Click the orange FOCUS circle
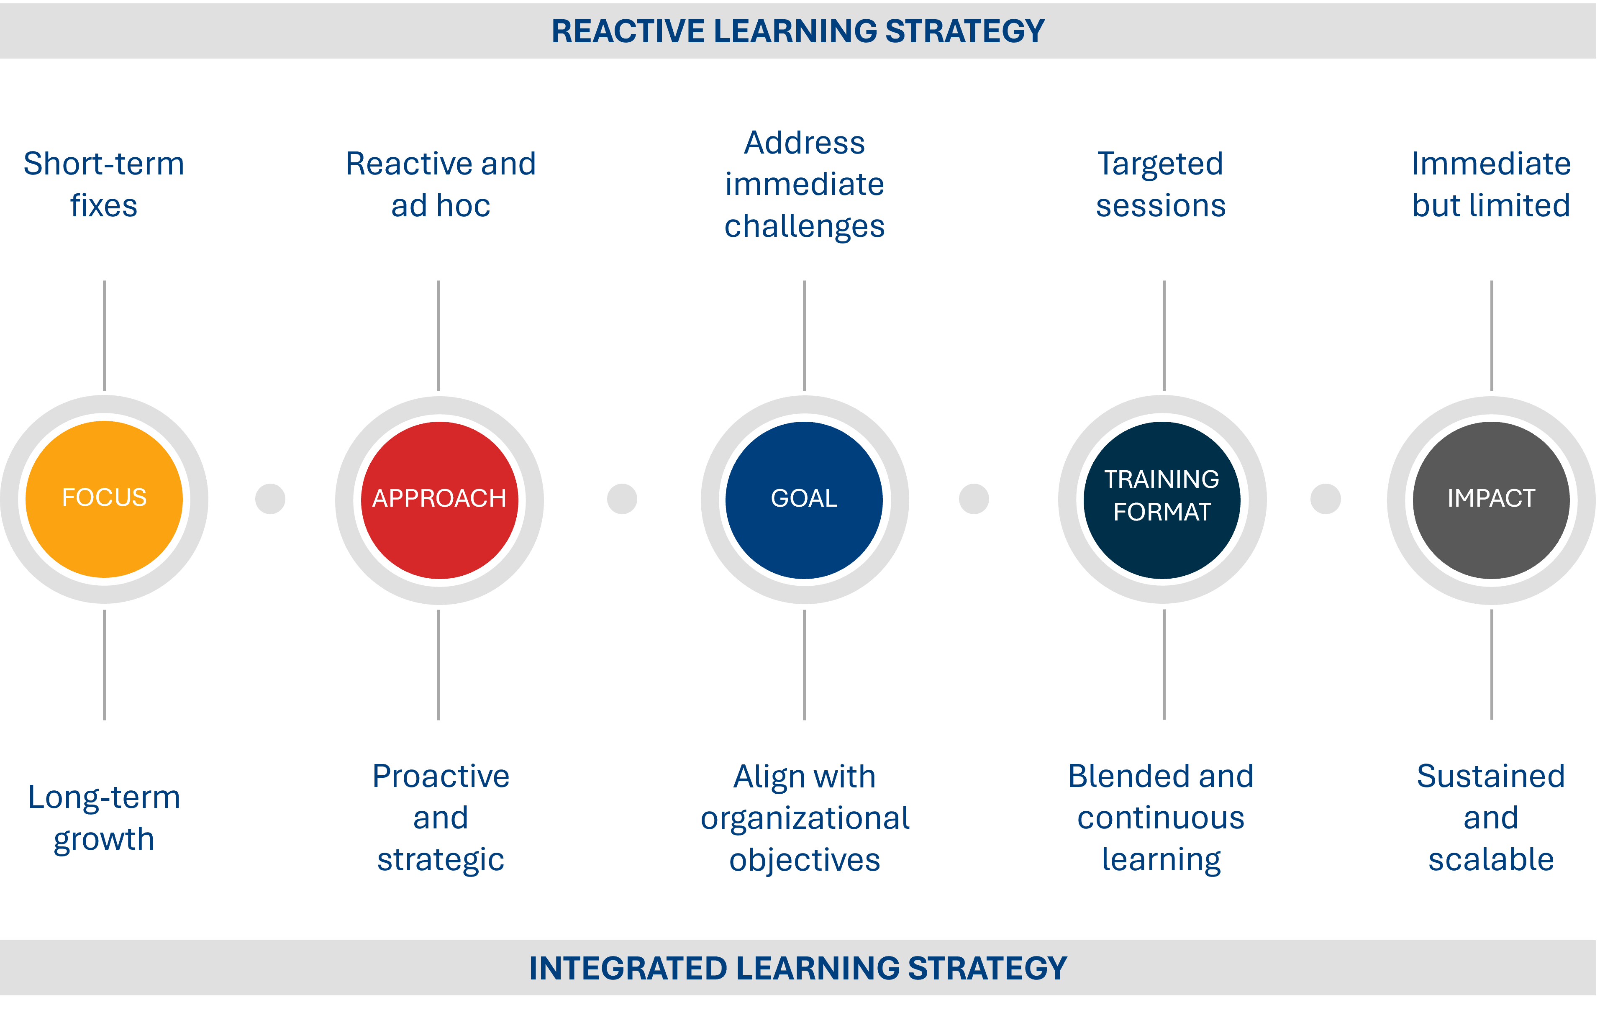tap(104, 499)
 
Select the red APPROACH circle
tap(439, 500)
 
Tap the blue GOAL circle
tap(804, 500)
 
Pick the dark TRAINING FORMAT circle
tap(1162, 500)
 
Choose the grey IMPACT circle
tap(1491, 500)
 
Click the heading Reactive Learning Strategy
tap(797, 31)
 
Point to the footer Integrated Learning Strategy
tap(797, 968)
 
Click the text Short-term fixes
tap(104, 184)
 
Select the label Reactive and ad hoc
tap(441, 184)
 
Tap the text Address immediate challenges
tap(804, 184)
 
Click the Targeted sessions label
tap(1161, 184)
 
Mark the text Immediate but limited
tap(1491, 184)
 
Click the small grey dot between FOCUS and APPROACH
tap(270, 498)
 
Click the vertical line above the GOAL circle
tap(804, 336)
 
